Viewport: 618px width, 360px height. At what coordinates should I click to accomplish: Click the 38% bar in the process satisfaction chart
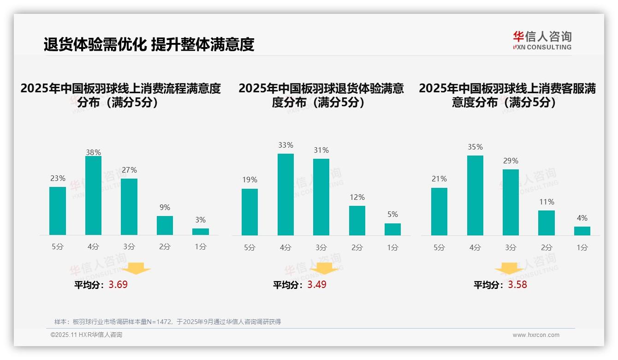pyautogui.click(x=93, y=195)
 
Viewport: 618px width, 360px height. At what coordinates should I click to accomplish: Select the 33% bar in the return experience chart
pyautogui.click(x=285, y=194)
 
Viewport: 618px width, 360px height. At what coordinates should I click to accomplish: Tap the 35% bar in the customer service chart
pyautogui.click(x=475, y=195)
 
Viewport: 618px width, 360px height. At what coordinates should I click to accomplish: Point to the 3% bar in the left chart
pyautogui.click(x=201, y=231)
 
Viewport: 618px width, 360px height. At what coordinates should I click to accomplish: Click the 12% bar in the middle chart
pyautogui.click(x=357, y=220)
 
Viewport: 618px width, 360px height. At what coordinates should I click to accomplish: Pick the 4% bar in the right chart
pyautogui.click(x=582, y=231)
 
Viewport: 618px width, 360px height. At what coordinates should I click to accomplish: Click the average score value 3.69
pyautogui.click(x=118, y=285)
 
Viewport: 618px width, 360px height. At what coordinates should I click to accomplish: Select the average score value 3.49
pyautogui.click(x=317, y=285)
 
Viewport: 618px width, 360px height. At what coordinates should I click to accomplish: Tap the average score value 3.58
pyautogui.click(x=517, y=285)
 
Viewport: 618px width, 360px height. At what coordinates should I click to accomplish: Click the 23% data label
pyautogui.click(x=58, y=178)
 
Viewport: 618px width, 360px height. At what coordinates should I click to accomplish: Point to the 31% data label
pyautogui.click(x=321, y=150)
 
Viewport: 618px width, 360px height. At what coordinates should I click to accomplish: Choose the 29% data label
pyautogui.click(x=511, y=161)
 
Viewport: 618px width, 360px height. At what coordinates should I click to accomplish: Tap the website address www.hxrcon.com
pyautogui.click(x=536, y=335)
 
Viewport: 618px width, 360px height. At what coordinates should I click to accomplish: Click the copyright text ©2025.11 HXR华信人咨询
pyautogui.click(x=86, y=335)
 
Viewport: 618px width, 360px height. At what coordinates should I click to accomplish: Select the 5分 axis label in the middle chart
pyautogui.click(x=250, y=247)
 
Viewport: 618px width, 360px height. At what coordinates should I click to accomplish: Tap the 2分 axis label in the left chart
pyautogui.click(x=165, y=246)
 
